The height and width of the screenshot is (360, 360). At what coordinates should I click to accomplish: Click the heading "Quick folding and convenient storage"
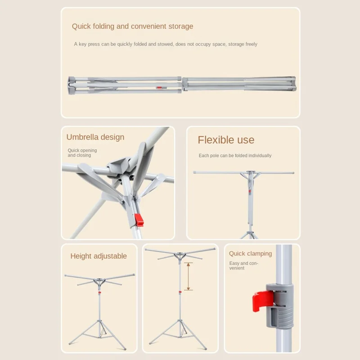pyautogui.click(x=132, y=27)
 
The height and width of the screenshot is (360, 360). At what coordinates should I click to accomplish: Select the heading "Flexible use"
pyautogui.click(x=226, y=140)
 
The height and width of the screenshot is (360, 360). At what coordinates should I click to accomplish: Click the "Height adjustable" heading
pyautogui.click(x=99, y=256)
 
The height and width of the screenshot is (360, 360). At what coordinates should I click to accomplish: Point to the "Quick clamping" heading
pyautogui.click(x=250, y=253)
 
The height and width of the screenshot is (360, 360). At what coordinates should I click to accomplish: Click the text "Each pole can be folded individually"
pyautogui.click(x=235, y=156)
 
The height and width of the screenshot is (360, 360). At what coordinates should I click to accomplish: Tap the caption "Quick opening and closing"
pyautogui.click(x=82, y=153)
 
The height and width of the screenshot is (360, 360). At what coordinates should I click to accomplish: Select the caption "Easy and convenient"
pyautogui.click(x=243, y=265)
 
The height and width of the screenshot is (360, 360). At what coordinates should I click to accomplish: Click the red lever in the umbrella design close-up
pyautogui.click(x=139, y=220)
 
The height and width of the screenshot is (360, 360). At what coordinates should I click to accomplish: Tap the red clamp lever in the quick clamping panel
pyautogui.click(x=262, y=301)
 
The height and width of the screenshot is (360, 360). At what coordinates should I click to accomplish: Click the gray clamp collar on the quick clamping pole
pyautogui.click(x=279, y=306)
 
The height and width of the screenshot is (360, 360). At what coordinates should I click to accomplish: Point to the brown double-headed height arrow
pyautogui.click(x=188, y=276)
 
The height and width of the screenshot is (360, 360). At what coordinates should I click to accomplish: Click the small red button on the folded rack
pyautogui.click(x=159, y=87)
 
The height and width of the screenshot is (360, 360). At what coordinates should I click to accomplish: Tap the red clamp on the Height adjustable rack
pyautogui.click(x=99, y=292)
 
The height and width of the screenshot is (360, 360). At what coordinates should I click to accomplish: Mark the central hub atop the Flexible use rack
pyautogui.click(x=250, y=172)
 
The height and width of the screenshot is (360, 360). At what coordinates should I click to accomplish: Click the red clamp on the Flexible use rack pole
pyautogui.click(x=250, y=191)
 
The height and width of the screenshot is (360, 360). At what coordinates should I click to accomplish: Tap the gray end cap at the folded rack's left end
pyautogui.click(x=71, y=85)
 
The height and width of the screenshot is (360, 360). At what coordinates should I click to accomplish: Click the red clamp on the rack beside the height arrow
pyautogui.click(x=180, y=292)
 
